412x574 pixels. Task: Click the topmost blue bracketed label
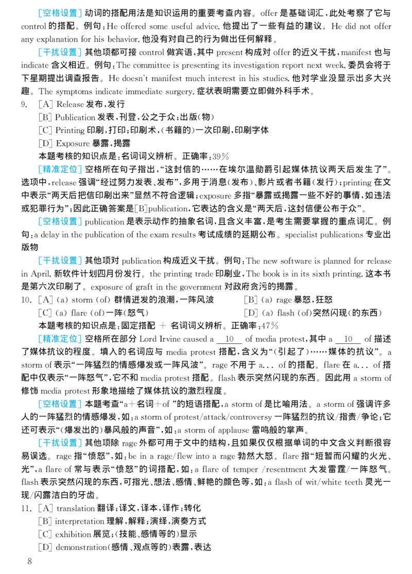pyautogui.click(x=60, y=14)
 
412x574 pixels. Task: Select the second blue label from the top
pyautogui.click(x=60, y=52)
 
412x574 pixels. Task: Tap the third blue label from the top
pyautogui.click(x=60, y=170)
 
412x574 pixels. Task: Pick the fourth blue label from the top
pyautogui.click(x=60, y=221)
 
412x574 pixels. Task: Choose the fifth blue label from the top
pyautogui.click(x=60, y=261)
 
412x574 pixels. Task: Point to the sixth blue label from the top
pyautogui.click(x=60, y=339)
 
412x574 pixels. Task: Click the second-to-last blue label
pyautogui.click(x=60, y=405)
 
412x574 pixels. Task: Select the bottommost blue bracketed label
pyautogui.click(x=60, y=443)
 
